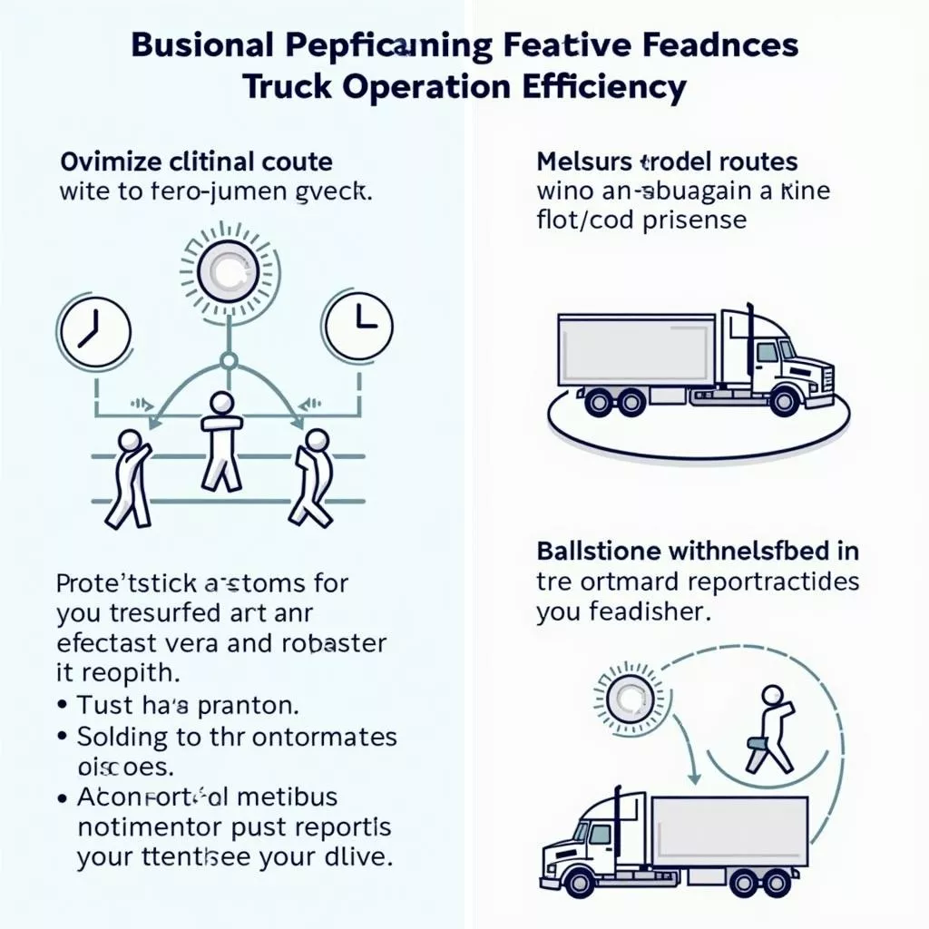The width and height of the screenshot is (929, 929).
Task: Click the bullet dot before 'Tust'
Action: pos(63,703)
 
